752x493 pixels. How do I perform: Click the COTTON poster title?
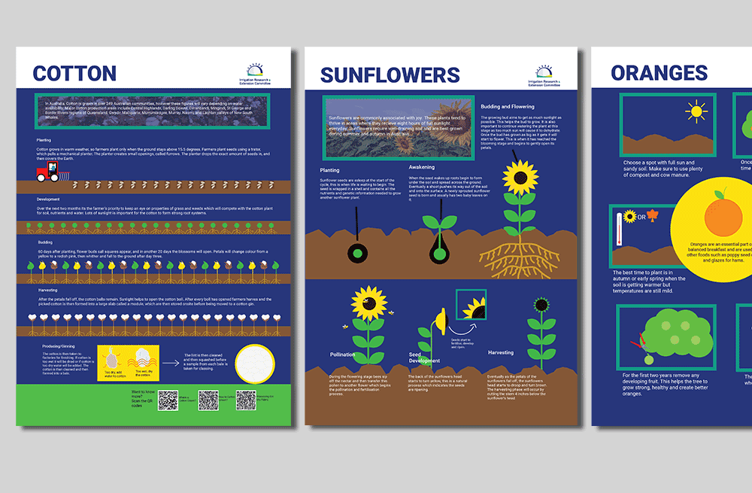pos(74,73)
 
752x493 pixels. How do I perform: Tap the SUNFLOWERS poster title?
pos(390,75)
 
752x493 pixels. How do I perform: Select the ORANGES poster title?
pos(659,73)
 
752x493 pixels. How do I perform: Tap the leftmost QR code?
pos(168,400)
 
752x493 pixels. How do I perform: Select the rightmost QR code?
pos(246,400)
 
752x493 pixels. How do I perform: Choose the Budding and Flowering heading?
pos(507,107)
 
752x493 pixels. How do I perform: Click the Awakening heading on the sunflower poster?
pos(422,166)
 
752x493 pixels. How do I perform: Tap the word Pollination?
pos(342,355)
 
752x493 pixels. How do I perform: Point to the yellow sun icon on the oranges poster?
pos(696,111)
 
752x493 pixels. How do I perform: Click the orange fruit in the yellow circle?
pos(720,215)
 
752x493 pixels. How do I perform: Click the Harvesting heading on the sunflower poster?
pos(501,352)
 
